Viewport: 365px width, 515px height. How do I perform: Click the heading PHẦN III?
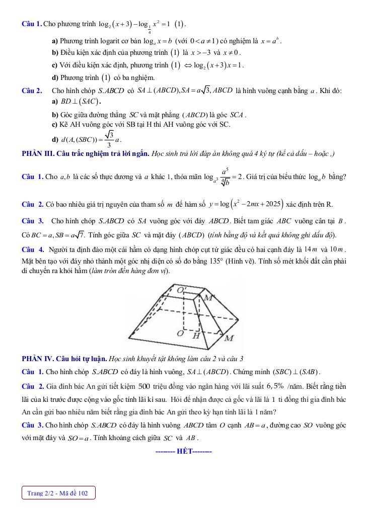click(40, 153)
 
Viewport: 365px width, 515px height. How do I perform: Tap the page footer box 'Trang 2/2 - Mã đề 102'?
click(58, 493)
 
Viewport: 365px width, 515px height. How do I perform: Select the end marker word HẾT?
click(184, 451)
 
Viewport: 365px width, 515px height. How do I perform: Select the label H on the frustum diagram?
click(197, 335)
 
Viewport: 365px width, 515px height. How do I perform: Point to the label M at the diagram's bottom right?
click(229, 338)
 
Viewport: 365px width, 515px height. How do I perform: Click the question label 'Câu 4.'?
click(33, 250)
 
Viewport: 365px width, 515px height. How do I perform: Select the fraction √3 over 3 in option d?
click(109, 139)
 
